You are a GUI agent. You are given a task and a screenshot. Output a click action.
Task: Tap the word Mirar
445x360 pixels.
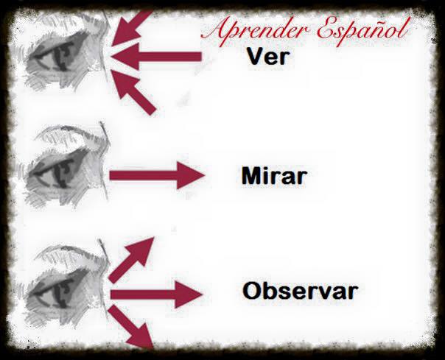273,177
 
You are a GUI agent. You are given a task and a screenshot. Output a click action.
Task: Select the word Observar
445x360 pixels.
300,291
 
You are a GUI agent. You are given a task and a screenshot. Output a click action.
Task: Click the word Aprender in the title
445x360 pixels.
252,31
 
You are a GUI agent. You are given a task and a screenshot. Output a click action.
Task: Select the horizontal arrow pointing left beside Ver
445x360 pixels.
159,55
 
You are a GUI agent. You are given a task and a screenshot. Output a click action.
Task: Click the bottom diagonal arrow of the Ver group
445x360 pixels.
136,92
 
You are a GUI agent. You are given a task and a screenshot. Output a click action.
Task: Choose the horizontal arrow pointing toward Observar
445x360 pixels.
155,295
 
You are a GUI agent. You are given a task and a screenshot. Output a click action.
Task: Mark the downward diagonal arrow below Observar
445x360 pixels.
133,328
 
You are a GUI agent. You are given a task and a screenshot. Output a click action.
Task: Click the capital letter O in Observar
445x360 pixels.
252,291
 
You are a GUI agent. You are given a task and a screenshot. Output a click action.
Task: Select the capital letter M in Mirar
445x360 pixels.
249,177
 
